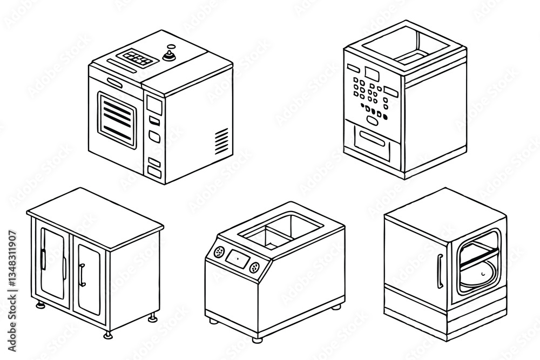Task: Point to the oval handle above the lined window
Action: [x=115, y=81]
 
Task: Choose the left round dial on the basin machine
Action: [x=219, y=252]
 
